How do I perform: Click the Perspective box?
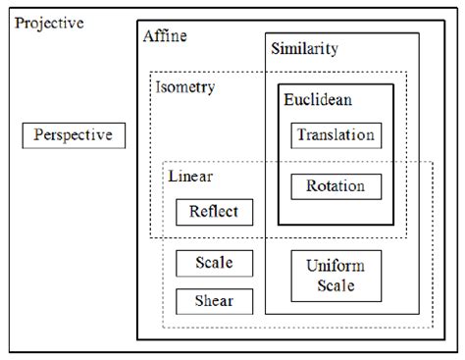pos(75,134)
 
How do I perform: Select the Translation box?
pos(336,135)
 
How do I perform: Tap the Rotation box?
pos(336,185)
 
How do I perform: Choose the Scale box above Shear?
pos(214,263)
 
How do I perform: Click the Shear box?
pos(214,300)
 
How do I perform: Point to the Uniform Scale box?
pos(336,276)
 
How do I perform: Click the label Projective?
pos(49,22)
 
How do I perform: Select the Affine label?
pos(165,36)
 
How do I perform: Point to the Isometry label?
pos(185,86)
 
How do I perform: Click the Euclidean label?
pos(318,99)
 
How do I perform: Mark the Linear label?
pos(190,177)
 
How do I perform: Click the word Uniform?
pos(336,266)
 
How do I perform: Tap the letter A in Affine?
pos(148,36)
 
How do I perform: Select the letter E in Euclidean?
pos(289,99)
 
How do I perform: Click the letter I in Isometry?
pos(159,86)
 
